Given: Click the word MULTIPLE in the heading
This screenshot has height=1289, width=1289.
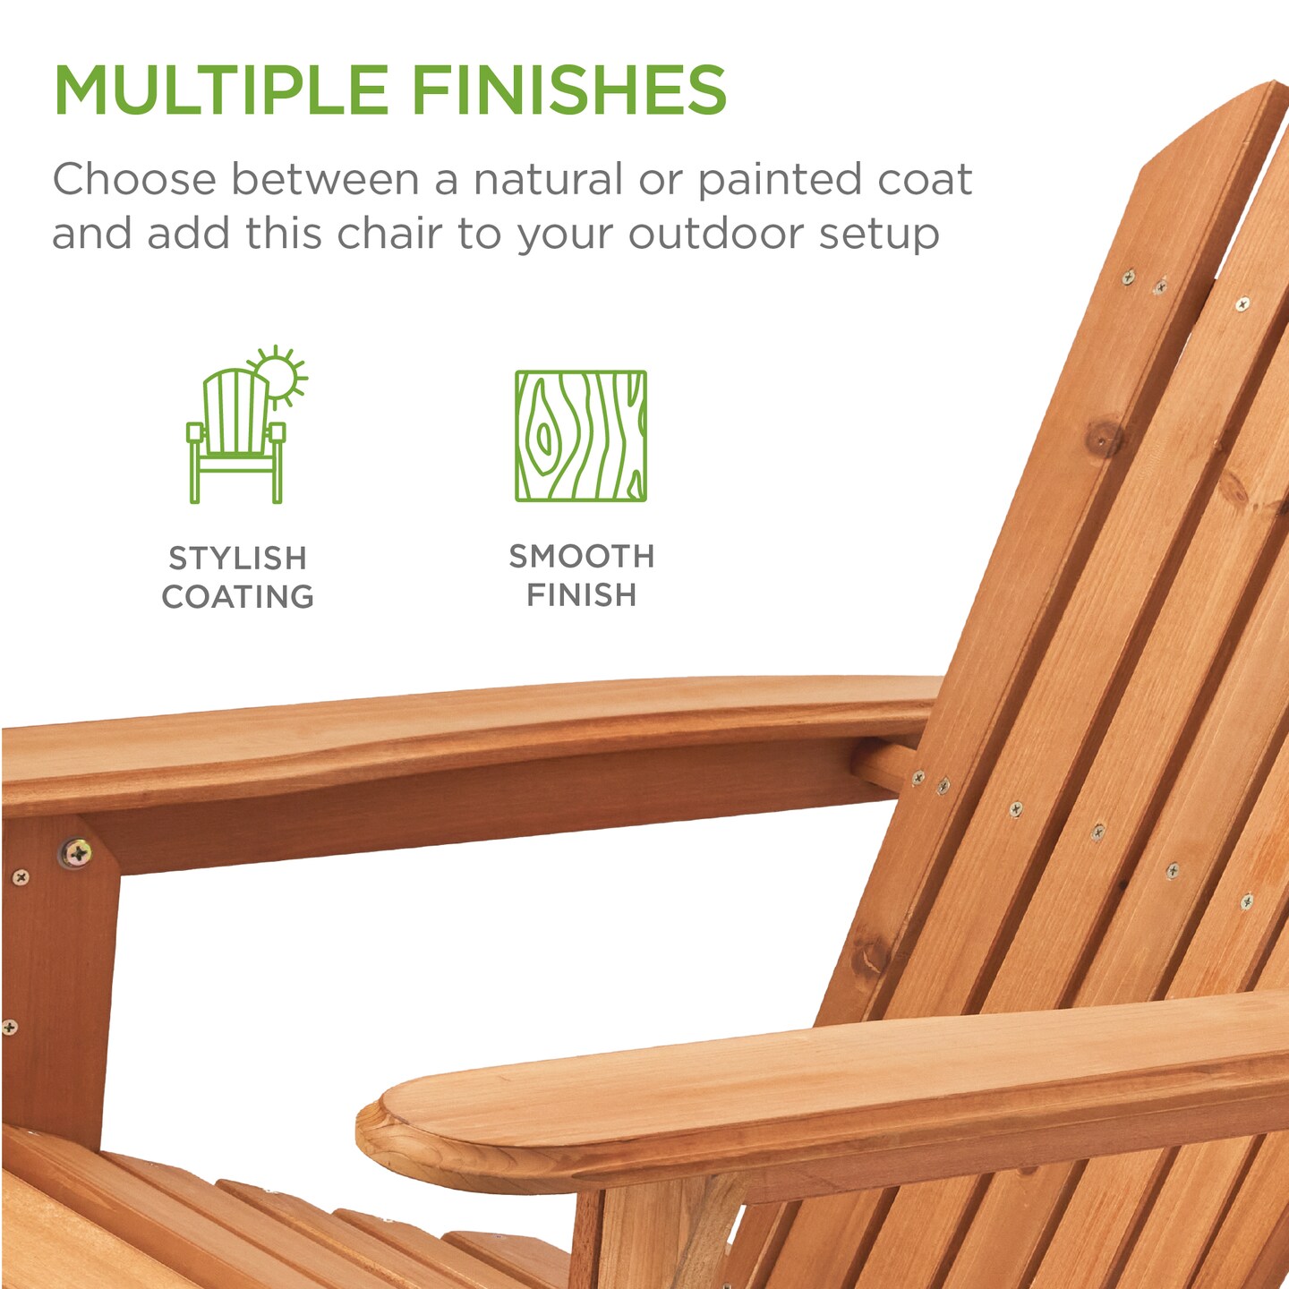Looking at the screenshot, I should [x=220, y=90].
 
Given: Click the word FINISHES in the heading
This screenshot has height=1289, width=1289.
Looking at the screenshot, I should [x=569, y=90].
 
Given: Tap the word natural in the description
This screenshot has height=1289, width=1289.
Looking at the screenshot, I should [x=548, y=180].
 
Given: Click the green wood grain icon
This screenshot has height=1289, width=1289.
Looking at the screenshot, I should [x=581, y=436].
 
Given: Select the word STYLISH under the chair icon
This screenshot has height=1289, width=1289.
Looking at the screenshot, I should [x=238, y=559].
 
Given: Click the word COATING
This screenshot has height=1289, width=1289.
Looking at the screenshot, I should [x=238, y=597].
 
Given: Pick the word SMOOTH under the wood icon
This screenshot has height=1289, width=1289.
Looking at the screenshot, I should [x=582, y=557].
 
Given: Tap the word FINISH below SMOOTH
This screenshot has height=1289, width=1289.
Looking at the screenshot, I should [x=582, y=595].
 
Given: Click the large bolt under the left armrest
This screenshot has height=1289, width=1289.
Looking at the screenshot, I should [x=77, y=852].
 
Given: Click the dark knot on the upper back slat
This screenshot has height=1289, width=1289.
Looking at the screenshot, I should [x=1105, y=438].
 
